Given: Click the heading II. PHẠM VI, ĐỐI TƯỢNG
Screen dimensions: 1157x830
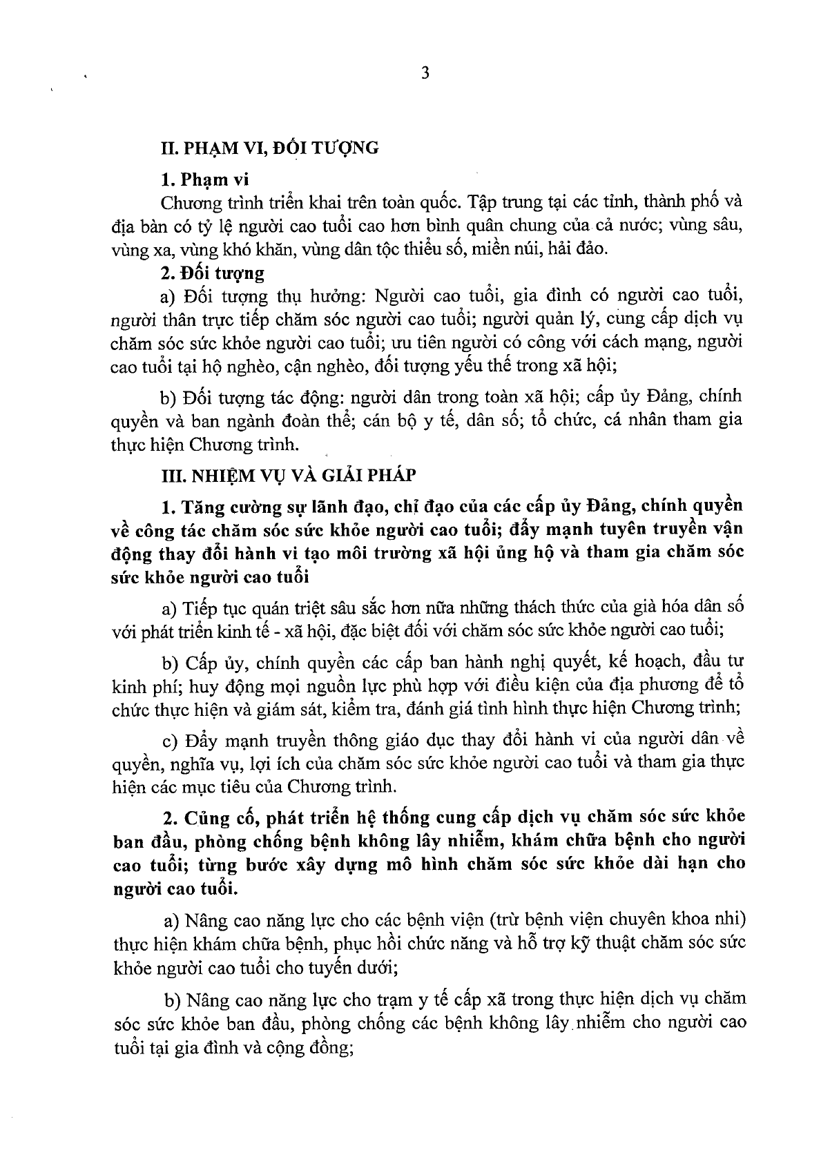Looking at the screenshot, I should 269,148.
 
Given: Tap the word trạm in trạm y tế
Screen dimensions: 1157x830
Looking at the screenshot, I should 370,1000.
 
